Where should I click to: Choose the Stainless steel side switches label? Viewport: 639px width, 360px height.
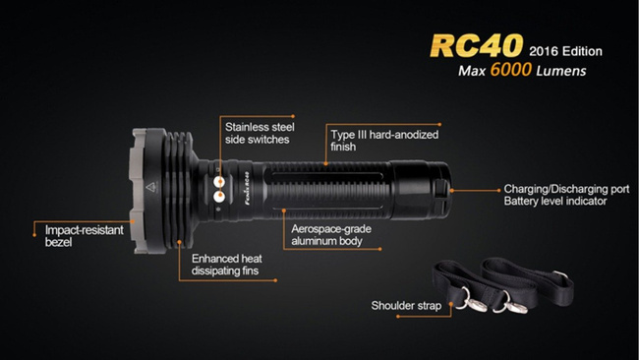(258, 133)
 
